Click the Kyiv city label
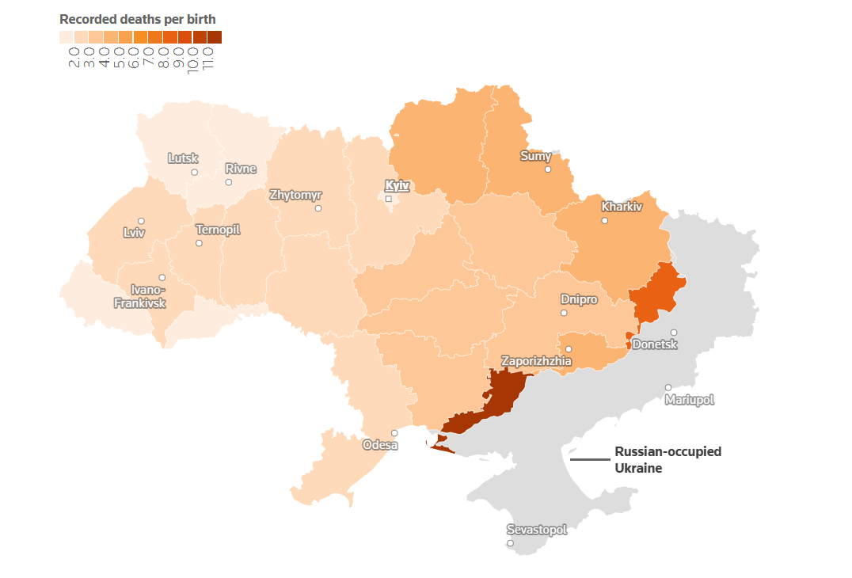click(397, 186)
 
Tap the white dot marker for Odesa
click(394, 433)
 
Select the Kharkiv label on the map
click(622, 207)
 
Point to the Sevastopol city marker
click(510, 543)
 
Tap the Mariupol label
click(689, 400)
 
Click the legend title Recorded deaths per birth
click(138, 18)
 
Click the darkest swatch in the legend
click(215, 36)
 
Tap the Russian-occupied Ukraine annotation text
click(668, 459)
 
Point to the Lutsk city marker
click(194, 172)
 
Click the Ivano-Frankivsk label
click(140, 296)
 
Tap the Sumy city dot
click(548, 169)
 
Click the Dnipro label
click(579, 299)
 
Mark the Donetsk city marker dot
click(674, 333)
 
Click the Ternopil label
click(218, 230)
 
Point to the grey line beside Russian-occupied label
click(589, 459)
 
